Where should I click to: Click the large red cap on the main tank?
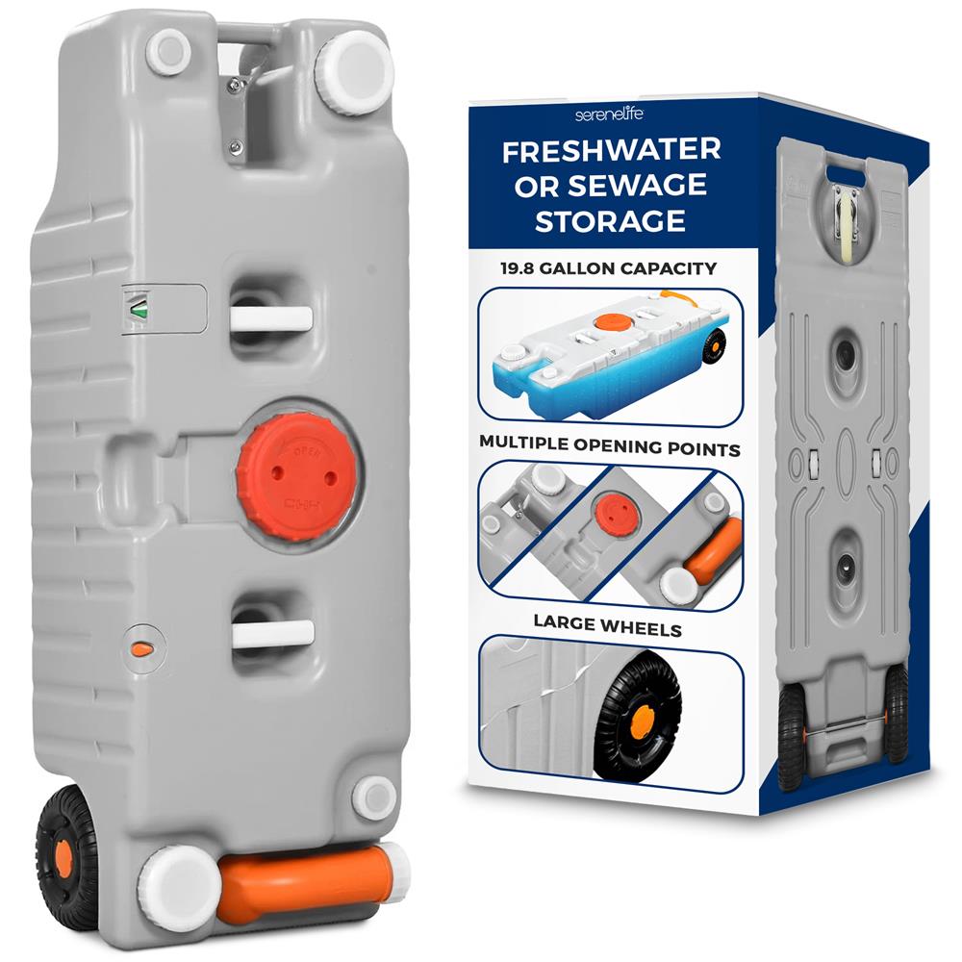[x=297, y=477]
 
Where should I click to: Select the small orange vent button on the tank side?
[x=143, y=647]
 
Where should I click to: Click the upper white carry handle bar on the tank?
[x=271, y=318]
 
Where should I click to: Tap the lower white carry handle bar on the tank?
[x=273, y=634]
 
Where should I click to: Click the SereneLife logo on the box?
[x=609, y=114]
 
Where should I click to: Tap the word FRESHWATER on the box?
[x=611, y=150]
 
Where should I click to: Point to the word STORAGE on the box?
[x=610, y=221]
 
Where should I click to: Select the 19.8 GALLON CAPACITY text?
[x=608, y=268]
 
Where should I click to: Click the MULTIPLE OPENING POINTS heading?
[x=610, y=446]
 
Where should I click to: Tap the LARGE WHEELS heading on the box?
[x=607, y=625]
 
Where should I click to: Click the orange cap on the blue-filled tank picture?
[x=609, y=322]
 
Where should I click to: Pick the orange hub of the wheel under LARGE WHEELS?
[x=641, y=719]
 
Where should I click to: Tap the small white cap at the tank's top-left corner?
[x=168, y=52]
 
